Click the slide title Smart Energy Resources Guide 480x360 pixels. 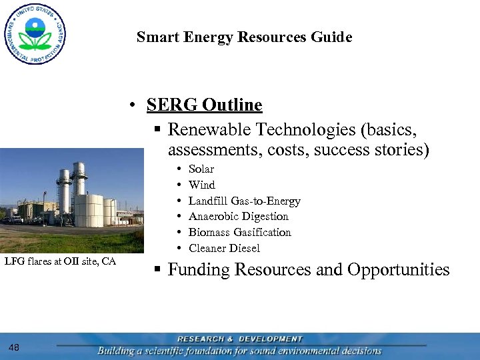coord(244,37)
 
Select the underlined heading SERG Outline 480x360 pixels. coord(204,105)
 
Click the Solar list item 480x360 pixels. coord(201,169)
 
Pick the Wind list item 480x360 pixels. coord(201,185)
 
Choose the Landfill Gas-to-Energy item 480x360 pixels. coord(244,201)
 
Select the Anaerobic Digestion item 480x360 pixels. coord(238,217)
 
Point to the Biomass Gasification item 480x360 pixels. coord(239,233)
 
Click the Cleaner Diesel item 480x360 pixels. coord(224,249)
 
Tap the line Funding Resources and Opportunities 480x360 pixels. coord(309,270)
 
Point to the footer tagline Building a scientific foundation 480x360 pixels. coord(239,351)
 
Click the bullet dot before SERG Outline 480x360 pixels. coord(134,106)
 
